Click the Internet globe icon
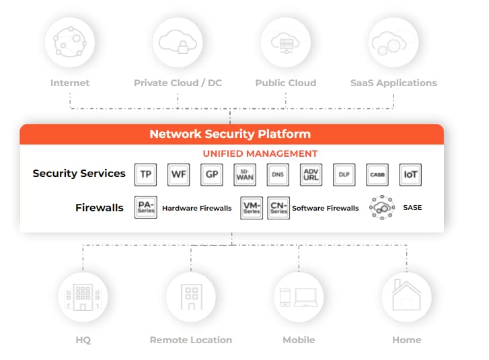coord(69,42)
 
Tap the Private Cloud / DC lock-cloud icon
coord(178,42)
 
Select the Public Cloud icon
coord(285,42)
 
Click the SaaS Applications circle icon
coord(393,42)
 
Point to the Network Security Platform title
coord(230,134)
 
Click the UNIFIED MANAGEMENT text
coord(260,154)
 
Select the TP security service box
coord(145,174)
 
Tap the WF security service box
coord(178,174)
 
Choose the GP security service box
coord(211,174)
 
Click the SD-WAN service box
coord(244,174)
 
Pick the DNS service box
coord(278,174)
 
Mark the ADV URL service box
coord(311,174)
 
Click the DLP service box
coord(344,174)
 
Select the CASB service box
coord(377,174)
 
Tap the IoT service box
coord(410,174)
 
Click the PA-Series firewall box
coord(146,208)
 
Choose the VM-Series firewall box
coord(252,208)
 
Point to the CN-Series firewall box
coord(278,208)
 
